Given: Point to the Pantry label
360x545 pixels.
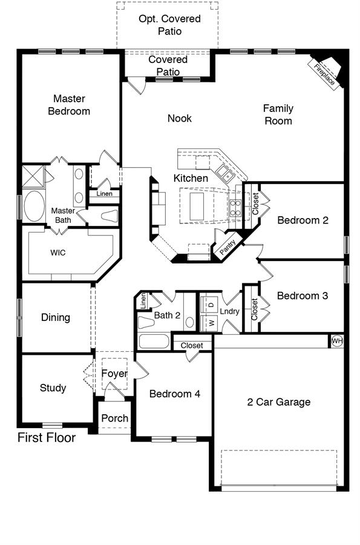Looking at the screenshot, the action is pyautogui.click(x=227, y=248).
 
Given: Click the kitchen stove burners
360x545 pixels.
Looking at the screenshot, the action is pyautogui.click(x=235, y=208).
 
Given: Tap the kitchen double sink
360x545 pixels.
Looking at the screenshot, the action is pyautogui.click(x=225, y=173).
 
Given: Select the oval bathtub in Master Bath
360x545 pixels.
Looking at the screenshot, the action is pyautogui.click(x=34, y=206).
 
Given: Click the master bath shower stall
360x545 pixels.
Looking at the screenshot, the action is pyautogui.click(x=33, y=177).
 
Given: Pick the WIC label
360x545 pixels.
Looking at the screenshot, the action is pyautogui.click(x=58, y=253).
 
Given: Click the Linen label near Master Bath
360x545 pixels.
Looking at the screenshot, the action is pyautogui.click(x=105, y=194).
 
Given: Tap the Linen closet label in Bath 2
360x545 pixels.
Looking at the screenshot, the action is pyautogui.click(x=143, y=301).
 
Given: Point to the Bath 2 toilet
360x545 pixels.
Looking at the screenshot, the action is pyautogui.click(x=146, y=322).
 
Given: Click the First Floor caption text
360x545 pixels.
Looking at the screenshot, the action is pyautogui.click(x=47, y=437).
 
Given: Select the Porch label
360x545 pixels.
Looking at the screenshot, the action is pyautogui.click(x=114, y=418).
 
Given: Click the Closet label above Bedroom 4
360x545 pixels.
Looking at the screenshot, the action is pyautogui.click(x=192, y=346).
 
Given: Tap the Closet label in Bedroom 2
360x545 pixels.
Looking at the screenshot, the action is pyautogui.click(x=255, y=203).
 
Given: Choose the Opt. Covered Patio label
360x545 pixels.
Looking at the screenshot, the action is pyautogui.click(x=169, y=25).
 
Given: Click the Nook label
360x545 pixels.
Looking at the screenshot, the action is pyautogui.click(x=180, y=118).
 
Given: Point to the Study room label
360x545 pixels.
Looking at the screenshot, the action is pyautogui.click(x=53, y=388).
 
